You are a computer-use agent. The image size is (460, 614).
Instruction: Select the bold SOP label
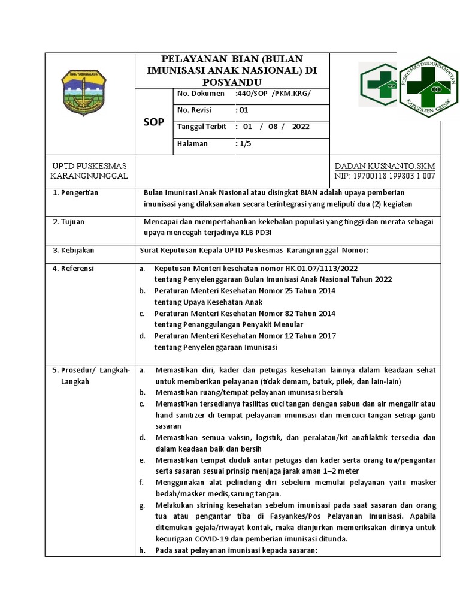tap(154, 122)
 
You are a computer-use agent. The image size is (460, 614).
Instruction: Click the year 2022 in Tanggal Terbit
tap(301, 127)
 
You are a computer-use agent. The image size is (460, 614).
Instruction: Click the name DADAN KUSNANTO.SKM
tap(385, 165)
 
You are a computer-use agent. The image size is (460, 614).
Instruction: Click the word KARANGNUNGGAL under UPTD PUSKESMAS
tap(90, 176)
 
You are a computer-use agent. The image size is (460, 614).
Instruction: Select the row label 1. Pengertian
tap(75, 193)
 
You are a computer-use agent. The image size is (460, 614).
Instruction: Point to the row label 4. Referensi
tap(74, 269)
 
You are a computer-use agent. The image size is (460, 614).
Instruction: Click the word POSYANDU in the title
tap(232, 81)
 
